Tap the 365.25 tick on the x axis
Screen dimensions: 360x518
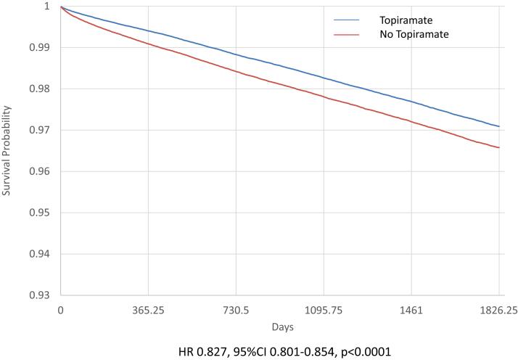148,310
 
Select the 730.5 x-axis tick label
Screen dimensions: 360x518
236,310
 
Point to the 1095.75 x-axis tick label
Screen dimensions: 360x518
324,310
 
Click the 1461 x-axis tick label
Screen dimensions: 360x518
411,310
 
